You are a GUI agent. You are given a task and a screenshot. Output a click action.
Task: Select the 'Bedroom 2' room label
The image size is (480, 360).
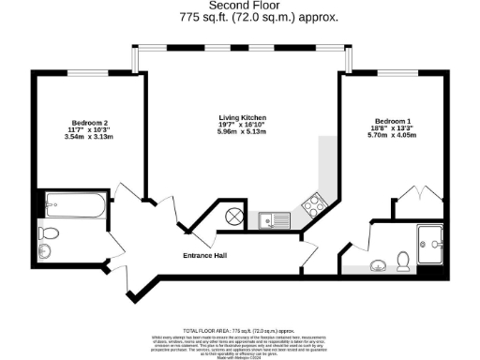click(x=90, y=123)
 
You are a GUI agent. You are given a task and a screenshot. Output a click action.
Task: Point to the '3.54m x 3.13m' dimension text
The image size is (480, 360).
click(x=90, y=137)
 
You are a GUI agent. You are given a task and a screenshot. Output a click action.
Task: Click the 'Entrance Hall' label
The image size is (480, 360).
click(x=206, y=255)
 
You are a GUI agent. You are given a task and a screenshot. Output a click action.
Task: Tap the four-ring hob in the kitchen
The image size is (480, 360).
click(x=312, y=204)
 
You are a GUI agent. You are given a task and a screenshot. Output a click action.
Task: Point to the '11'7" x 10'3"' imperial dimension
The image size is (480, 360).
click(x=90, y=130)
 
